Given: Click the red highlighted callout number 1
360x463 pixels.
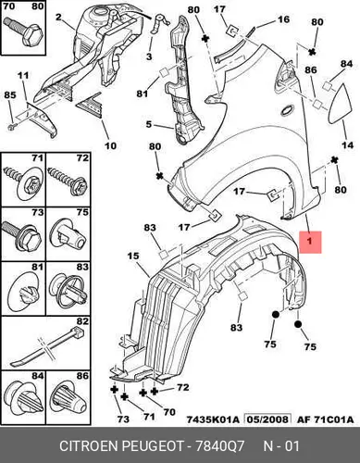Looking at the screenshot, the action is pyautogui.click(x=310, y=242).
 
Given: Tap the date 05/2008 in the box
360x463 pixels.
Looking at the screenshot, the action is pyautogui.click(x=267, y=419).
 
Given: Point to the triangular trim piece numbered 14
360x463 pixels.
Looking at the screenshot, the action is pyautogui.click(x=340, y=104).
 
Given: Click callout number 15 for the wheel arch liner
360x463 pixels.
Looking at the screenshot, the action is pyautogui.click(x=133, y=256).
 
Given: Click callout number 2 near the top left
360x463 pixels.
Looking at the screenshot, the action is pyautogui.click(x=58, y=18).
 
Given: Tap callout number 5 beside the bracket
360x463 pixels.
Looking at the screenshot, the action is pyautogui.click(x=149, y=124).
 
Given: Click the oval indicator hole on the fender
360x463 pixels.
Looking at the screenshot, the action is pyautogui.click(x=289, y=110).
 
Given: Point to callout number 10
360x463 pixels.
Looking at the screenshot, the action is pyautogui.click(x=110, y=145).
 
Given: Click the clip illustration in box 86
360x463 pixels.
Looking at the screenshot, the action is pyautogui.click(x=68, y=396).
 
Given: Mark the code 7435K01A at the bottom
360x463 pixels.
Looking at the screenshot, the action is pyautogui.click(x=213, y=419).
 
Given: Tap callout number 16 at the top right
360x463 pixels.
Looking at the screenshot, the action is pyautogui.click(x=283, y=19).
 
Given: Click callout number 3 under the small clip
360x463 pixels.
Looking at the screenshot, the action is pyautogui.click(x=149, y=56).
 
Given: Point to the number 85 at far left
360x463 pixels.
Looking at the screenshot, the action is pyautogui.click(x=10, y=94).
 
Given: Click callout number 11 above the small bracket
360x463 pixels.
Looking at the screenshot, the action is pyautogui.click(x=23, y=75).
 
